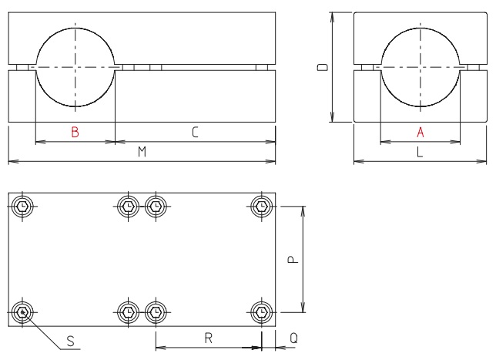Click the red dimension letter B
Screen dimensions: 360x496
click(x=75, y=133)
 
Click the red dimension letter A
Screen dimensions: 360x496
click(x=421, y=133)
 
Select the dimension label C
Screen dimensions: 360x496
click(x=195, y=133)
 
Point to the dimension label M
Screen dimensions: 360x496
click(x=142, y=153)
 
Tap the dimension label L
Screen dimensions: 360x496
click(x=420, y=153)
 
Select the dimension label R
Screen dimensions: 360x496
click(x=208, y=338)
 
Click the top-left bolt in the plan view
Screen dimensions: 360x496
click(x=24, y=206)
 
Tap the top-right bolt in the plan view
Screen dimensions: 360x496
click(x=263, y=206)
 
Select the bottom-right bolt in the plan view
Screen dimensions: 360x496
click(x=263, y=311)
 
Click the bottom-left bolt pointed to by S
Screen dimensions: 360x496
click(x=24, y=311)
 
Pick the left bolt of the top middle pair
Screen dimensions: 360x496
click(x=128, y=206)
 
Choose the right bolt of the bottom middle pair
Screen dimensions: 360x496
click(x=156, y=311)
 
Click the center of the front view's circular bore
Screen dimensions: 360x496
click(x=75, y=67)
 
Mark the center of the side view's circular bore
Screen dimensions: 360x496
click(x=421, y=67)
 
